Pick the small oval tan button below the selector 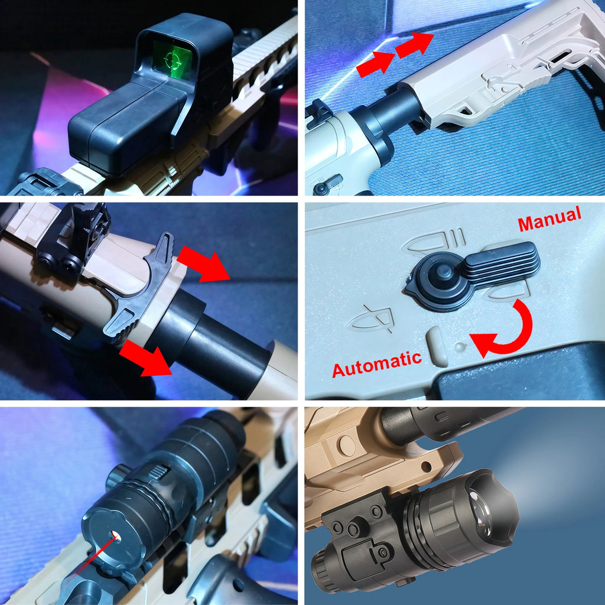tap(438, 346)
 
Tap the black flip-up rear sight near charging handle tap(74, 239)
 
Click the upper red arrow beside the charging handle tap(204, 263)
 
